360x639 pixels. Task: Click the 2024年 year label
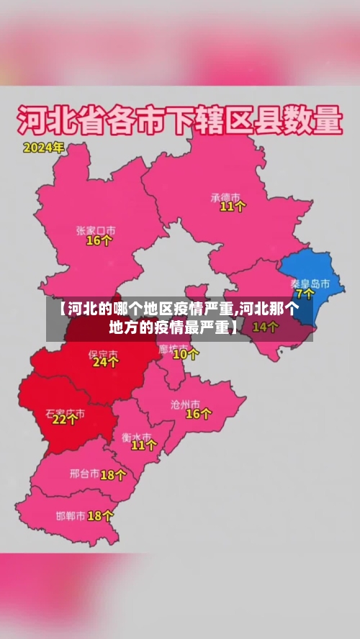(44, 148)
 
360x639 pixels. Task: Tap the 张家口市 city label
(96, 230)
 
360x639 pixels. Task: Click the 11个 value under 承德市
(233, 207)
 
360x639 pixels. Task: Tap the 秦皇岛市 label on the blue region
(310, 283)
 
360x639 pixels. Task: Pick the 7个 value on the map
(305, 294)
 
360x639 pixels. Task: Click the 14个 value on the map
(266, 327)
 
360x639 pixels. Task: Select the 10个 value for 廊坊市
(186, 354)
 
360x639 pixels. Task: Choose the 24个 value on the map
(105, 363)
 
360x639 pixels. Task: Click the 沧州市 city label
(200, 403)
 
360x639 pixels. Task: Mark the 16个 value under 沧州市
(199, 414)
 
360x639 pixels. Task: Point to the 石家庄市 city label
(66, 414)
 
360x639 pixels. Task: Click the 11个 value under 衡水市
(143, 445)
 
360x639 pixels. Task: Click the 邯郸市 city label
(71, 516)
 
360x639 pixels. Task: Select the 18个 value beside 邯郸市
(100, 516)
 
